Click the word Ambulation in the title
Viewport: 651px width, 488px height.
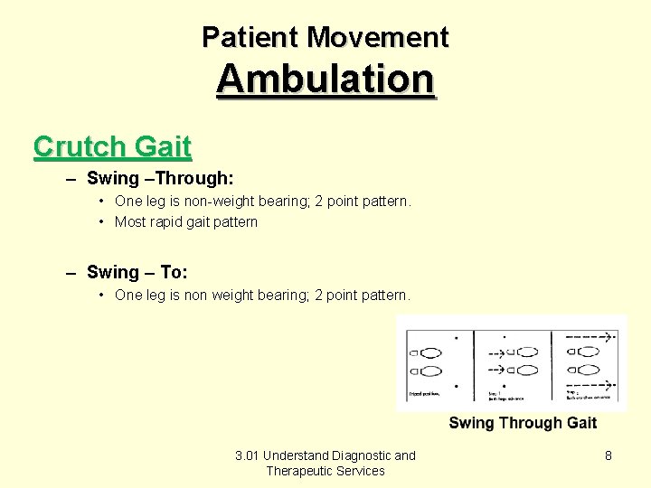325,79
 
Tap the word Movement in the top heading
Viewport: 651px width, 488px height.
378,37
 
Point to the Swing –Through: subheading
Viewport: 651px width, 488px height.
160,178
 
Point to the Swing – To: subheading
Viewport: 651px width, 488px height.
137,272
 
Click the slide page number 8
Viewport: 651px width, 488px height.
609,455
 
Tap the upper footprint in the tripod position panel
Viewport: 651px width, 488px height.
431,352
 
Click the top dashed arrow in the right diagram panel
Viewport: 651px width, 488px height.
590,336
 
